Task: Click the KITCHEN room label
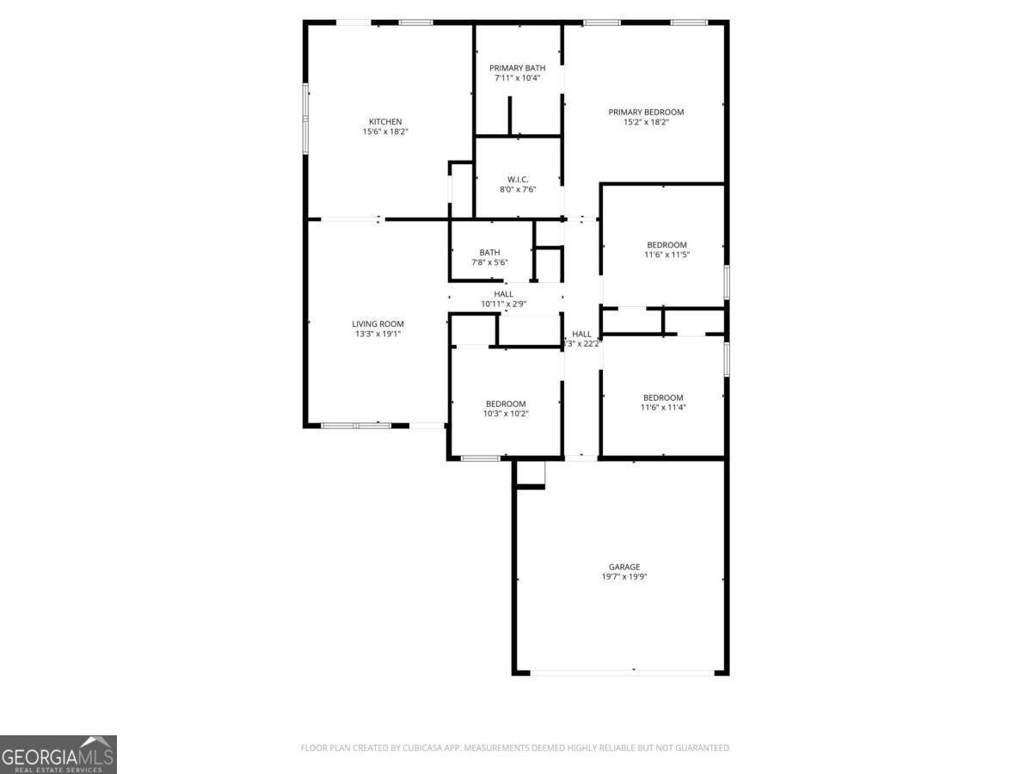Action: tap(385, 121)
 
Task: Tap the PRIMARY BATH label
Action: tap(518, 68)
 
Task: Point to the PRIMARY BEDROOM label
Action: tap(646, 112)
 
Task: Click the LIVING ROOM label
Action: tap(378, 324)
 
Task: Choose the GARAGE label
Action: tap(624, 567)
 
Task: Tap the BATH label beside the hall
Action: tap(490, 252)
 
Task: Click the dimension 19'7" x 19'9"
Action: tap(624, 577)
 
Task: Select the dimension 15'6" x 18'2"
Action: tap(385, 132)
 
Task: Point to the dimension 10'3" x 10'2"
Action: tap(506, 414)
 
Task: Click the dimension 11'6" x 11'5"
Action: tap(666, 255)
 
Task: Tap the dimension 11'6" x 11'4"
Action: tap(663, 407)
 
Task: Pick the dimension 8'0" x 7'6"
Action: tap(518, 189)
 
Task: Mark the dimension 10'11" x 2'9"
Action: tap(504, 304)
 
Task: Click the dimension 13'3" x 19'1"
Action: tap(378, 334)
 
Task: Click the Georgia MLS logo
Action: tap(58, 754)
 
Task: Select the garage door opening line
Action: tap(621, 672)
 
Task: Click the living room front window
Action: tap(356, 425)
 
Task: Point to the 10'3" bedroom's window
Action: tap(481, 458)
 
